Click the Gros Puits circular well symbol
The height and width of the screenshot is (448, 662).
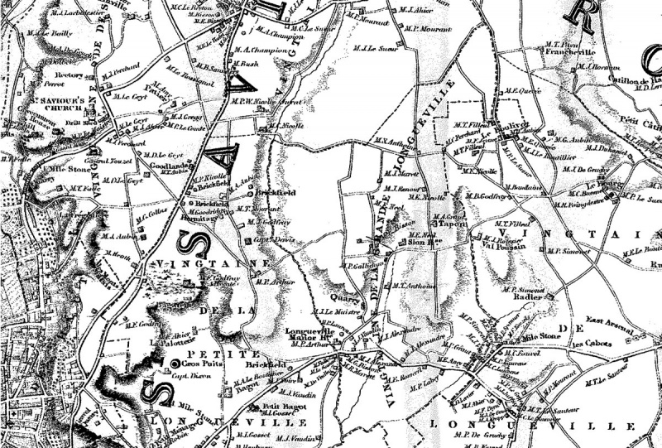175,364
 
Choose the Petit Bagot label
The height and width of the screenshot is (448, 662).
279,407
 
